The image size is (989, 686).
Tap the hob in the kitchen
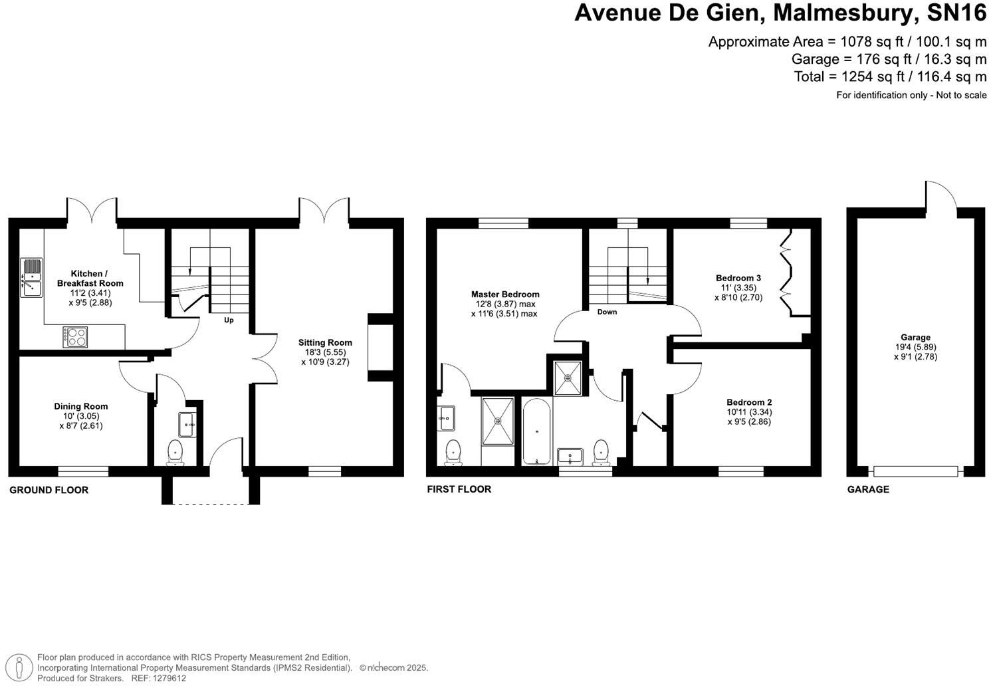pyautogui.click(x=75, y=336)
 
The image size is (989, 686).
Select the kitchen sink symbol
pyautogui.click(x=31, y=278)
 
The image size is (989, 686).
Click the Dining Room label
pyautogui.click(x=81, y=406)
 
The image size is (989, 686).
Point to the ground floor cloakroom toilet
pyautogui.click(x=175, y=451)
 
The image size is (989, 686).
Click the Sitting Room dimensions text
pyautogui.click(x=325, y=358)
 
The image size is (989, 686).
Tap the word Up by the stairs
pyautogui.click(x=229, y=320)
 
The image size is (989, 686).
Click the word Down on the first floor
pyautogui.click(x=606, y=312)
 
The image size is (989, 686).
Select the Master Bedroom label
pyautogui.click(x=505, y=294)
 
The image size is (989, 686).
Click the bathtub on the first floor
pyautogui.click(x=536, y=431)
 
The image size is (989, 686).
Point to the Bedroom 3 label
pyautogui.click(x=738, y=278)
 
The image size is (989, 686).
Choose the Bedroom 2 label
pyautogui.click(x=749, y=402)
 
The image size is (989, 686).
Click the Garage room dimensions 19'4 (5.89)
pyautogui.click(x=915, y=347)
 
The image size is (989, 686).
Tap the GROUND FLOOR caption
pyautogui.click(x=49, y=490)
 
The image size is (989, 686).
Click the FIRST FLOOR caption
pyautogui.click(x=459, y=489)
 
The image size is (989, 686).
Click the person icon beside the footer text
pyautogui.click(x=22, y=667)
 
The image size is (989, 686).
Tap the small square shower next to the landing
pyautogui.click(x=568, y=378)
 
